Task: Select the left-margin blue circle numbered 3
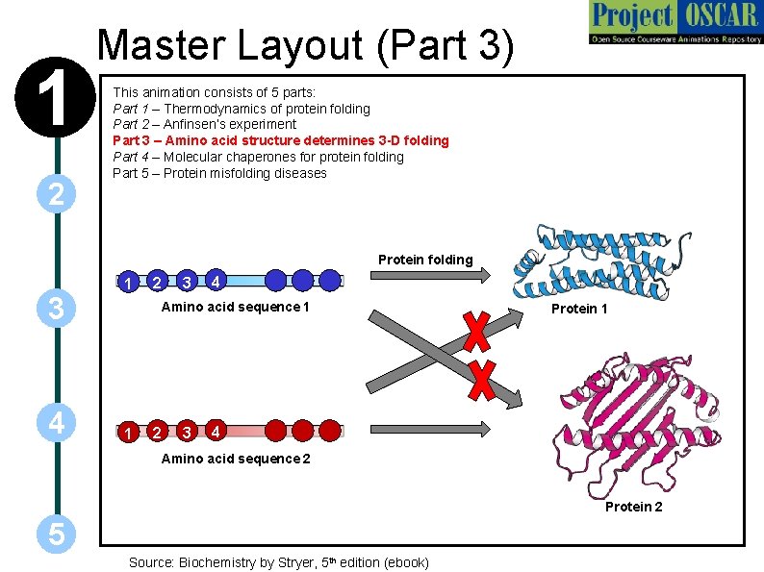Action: (x=57, y=309)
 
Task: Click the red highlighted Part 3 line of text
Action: (x=280, y=140)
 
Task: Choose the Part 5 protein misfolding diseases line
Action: (x=219, y=173)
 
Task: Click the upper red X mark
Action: (x=475, y=331)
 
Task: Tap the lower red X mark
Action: (x=481, y=380)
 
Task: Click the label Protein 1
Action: (x=579, y=309)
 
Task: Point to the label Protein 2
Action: (x=633, y=507)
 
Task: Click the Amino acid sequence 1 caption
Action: (x=236, y=307)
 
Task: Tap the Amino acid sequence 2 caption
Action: (x=236, y=459)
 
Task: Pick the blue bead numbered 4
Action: (x=218, y=281)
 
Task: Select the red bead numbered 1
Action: (x=128, y=432)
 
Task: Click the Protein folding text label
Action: (x=425, y=260)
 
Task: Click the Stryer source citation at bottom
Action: (x=279, y=562)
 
